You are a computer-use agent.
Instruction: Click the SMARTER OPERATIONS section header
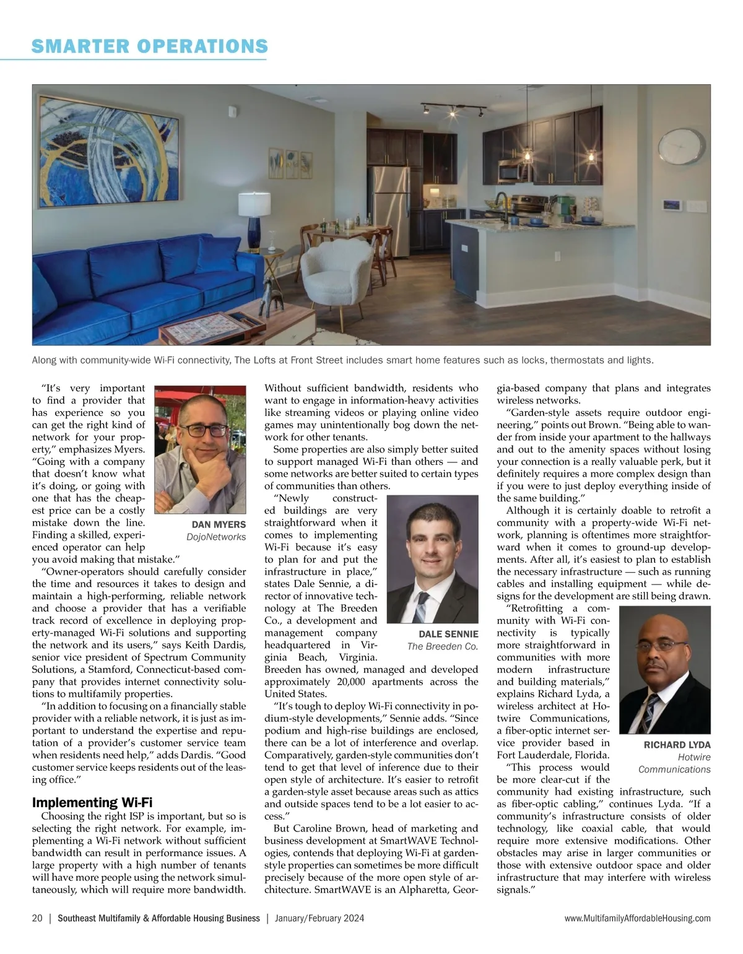point(149,46)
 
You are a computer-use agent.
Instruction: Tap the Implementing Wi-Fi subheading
point(92,803)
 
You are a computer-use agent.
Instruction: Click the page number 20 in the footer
point(37,919)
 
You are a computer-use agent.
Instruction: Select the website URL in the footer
point(638,919)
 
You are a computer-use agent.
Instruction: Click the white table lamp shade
point(254,204)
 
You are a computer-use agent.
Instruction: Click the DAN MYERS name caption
point(219,525)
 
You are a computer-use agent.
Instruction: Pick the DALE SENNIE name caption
point(448,634)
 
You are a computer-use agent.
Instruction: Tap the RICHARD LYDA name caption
point(677,745)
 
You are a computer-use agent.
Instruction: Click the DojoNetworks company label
point(216,537)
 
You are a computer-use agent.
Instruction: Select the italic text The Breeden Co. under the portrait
point(442,646)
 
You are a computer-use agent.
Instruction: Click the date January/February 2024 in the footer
point(319,919)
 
